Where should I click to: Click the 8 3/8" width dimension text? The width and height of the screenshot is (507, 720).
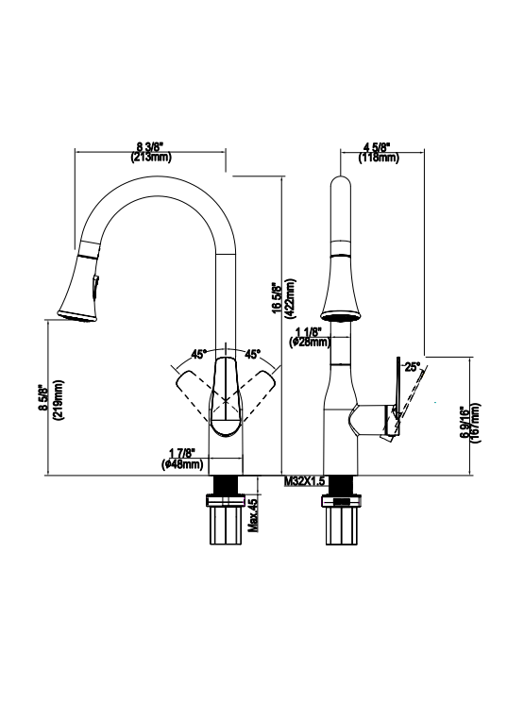point(150,146)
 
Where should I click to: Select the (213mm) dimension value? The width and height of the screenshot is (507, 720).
point(150,157)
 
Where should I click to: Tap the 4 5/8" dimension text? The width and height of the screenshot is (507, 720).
point(377,147)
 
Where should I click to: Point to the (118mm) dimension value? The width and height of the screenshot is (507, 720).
point(377,158)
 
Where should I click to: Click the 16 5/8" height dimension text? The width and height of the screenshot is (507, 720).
point(277,297)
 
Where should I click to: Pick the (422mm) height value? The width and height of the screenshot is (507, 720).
point(289,297)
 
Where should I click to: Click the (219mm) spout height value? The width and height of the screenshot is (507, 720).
point(59,401)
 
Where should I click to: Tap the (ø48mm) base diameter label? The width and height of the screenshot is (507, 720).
point(182,464)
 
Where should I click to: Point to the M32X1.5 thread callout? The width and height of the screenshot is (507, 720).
point(305,481)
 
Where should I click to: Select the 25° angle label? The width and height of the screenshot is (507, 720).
point(412,366)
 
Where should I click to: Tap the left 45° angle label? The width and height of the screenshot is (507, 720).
point(199,355)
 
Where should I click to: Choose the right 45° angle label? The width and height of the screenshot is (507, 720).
point(253,355)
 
